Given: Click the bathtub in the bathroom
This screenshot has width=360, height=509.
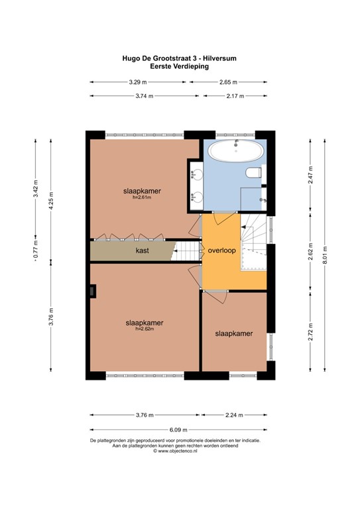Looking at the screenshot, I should (x=235, y=152).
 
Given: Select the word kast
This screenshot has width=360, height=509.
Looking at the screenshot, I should (x=142, y=251).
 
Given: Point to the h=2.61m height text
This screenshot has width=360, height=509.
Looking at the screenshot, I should (x=142, y=198).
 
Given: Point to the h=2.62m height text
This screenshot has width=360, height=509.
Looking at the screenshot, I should (x=145, y=329).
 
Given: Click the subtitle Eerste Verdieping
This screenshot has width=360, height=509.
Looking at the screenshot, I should (x=180, y=66).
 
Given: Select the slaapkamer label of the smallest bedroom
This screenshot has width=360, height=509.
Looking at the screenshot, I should (x=233, y=334).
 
